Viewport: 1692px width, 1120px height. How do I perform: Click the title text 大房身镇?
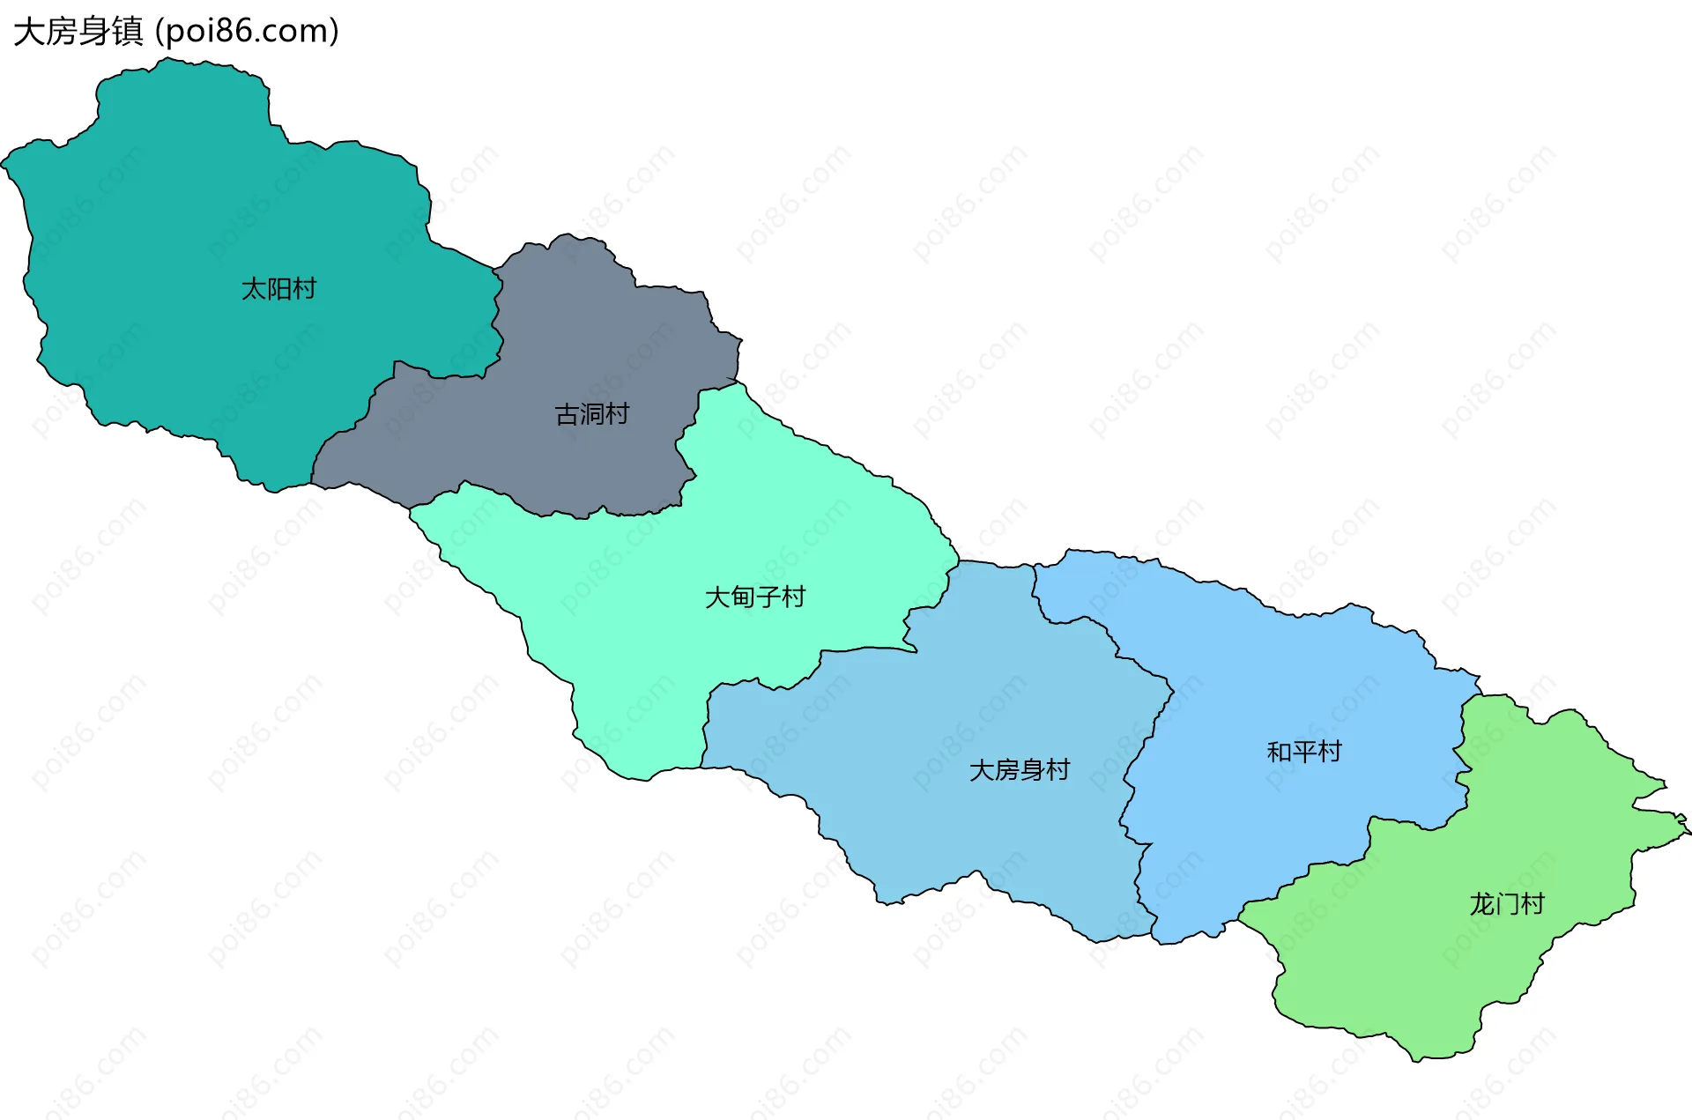click(78, 32)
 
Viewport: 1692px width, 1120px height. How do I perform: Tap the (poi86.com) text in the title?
click(247, 32)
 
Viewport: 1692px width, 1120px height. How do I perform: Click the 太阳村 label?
click(278, 289)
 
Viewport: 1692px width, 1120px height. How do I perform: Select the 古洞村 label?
click(591, 414)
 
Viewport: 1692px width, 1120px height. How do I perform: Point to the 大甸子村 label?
click(755, 597)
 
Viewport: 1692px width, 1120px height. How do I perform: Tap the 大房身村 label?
click(1019, 770)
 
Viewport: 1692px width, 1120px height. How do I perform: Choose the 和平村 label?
click(1303, 752)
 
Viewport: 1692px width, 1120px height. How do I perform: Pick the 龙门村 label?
click(1506, 904)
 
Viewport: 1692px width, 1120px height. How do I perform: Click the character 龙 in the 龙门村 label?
click(1481, 904)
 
